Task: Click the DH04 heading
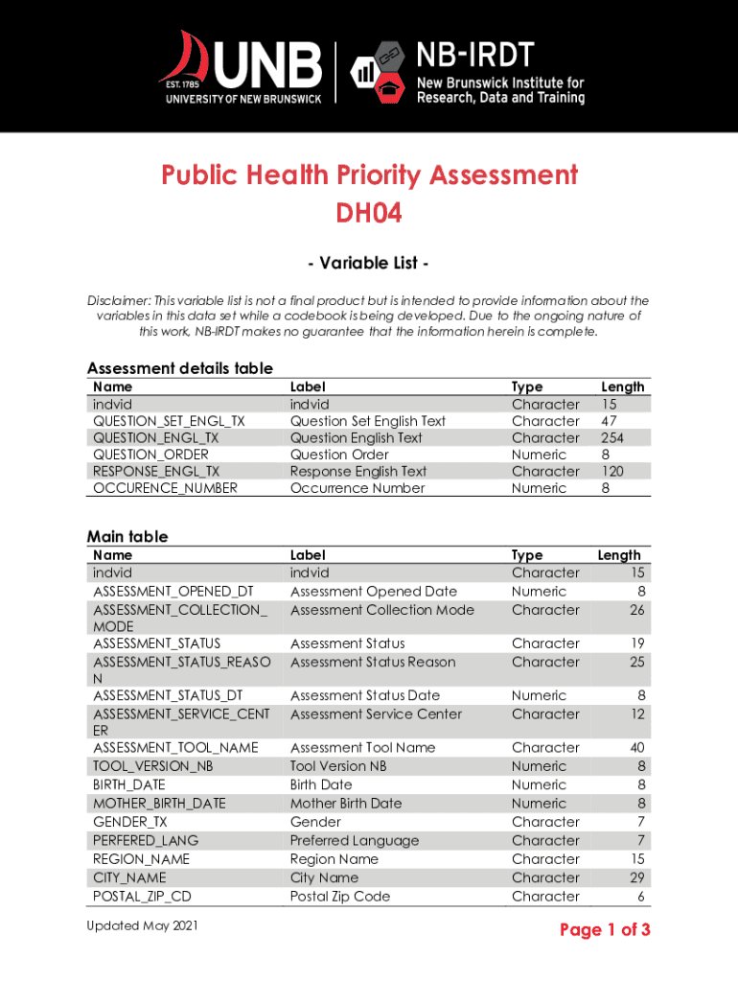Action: (x=369, y=213)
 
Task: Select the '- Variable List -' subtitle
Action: (x=368, y=263)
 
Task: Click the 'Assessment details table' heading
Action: (x=180, y=368)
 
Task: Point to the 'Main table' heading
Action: (x=127, y=536)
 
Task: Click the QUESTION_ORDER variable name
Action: (x=150, y=455)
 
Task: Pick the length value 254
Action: (x=612, y=437)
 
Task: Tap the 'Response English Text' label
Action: (x=358, y=471)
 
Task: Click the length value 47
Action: (x=609, y=421)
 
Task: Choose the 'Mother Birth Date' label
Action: (x=346, y=804)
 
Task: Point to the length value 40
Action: (x=636, y=747)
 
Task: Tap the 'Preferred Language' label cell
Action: (x=355, y=841)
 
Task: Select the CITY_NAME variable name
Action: (x=129, y=877)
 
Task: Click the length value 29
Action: (x=636, y=877)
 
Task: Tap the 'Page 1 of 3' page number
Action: (x=605, y=929)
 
